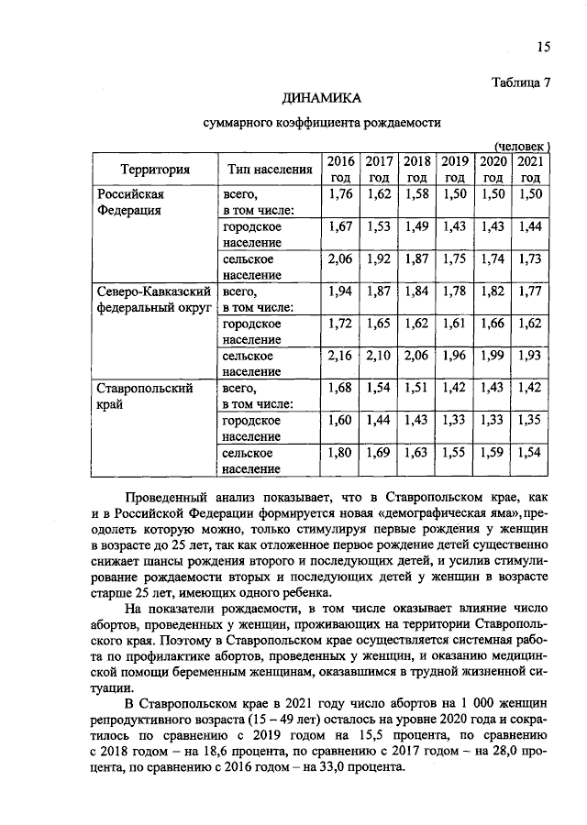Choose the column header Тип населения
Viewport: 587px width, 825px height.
pyautogui.click(x=264, y=169)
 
